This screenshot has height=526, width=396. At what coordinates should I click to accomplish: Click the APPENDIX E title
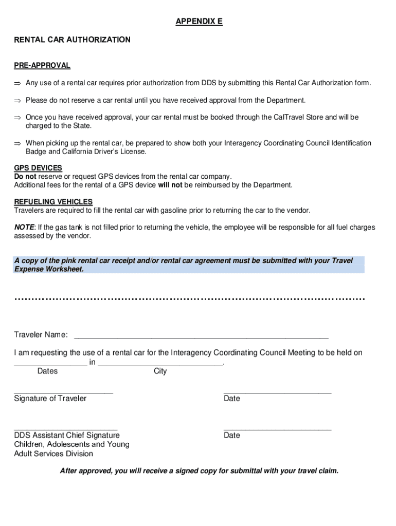199,22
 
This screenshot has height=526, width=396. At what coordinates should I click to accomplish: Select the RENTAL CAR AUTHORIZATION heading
72,40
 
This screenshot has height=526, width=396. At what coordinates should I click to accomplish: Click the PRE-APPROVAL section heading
42,65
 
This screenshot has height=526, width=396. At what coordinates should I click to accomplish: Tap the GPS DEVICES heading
38,168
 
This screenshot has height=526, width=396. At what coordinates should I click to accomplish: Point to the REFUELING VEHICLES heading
53,202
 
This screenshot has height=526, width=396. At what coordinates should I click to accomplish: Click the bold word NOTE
24,227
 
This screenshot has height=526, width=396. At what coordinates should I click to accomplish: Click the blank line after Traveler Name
201,336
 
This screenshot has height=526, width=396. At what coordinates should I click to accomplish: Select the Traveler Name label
41,335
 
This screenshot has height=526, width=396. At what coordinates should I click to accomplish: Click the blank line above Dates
50,363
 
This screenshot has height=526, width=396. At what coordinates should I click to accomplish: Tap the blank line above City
160,363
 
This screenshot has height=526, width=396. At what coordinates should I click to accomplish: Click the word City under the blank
160,371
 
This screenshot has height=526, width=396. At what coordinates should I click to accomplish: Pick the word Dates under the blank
48,371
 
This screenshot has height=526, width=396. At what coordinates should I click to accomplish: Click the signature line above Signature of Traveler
63,392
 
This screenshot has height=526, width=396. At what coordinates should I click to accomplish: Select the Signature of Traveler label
50,399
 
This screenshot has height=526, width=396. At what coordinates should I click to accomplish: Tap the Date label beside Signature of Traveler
232,399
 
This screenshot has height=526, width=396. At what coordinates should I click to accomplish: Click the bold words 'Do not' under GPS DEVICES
25,176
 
